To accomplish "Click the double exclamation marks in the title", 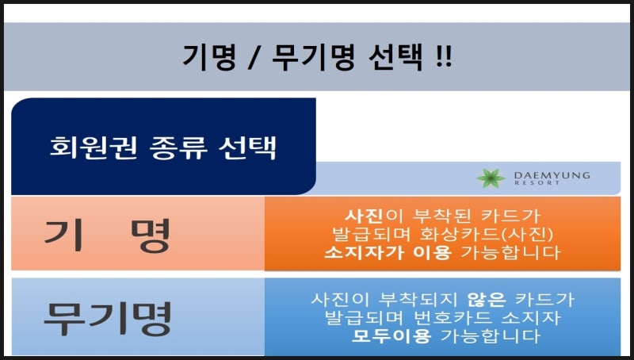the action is (445, 56).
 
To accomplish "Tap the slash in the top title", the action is (254, 57).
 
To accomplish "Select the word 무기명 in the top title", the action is (312, 57).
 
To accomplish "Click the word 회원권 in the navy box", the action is (94, 147).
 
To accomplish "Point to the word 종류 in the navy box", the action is (178, 147).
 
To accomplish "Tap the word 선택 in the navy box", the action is (247, 147).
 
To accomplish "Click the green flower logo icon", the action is (491, 178).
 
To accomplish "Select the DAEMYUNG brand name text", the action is (552, 175).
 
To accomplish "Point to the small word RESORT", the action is (537, 183).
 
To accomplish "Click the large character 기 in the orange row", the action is (64, 235).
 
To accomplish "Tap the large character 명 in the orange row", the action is (151, 236).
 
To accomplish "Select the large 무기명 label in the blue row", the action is (108, 319).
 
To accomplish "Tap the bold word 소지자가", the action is (364, 253).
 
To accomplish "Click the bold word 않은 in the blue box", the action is (487, 300).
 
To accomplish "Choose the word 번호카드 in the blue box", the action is (453, 318).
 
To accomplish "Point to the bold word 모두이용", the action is (391, 336).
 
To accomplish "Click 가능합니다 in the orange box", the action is (510, 253).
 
